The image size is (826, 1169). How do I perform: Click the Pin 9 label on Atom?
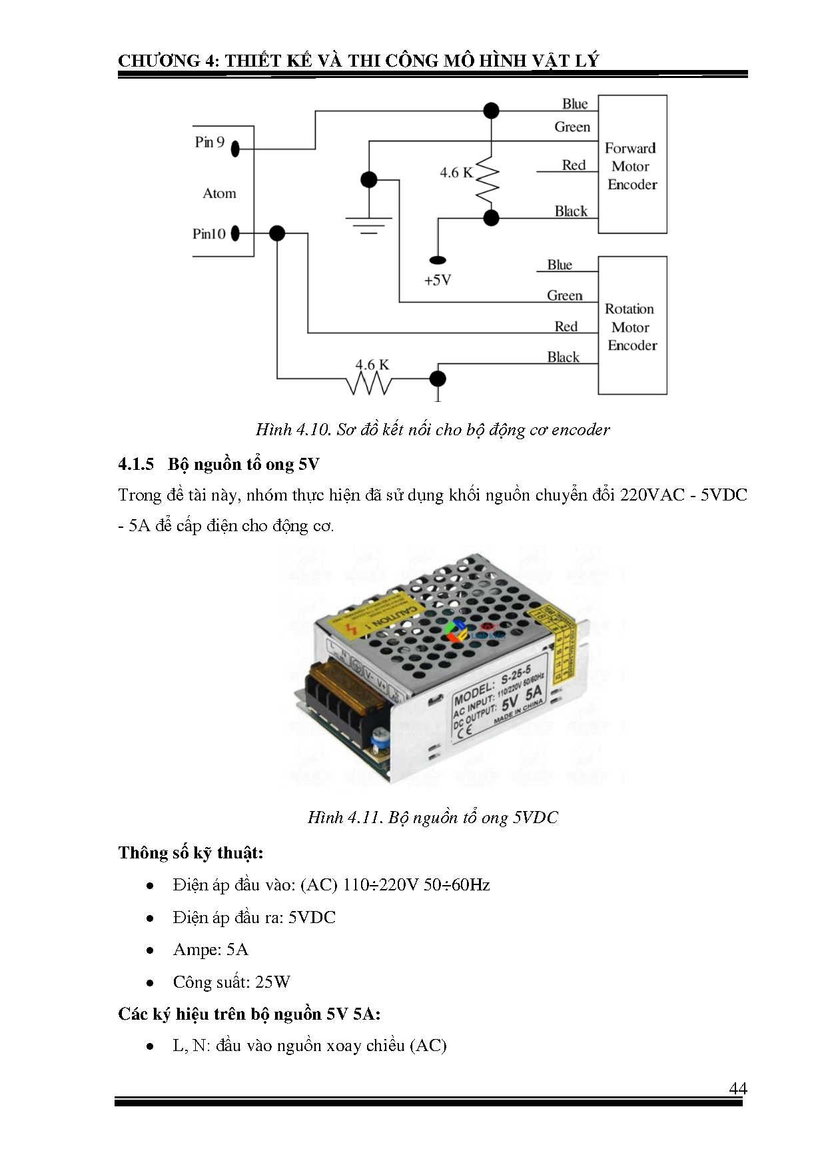click(209, 142)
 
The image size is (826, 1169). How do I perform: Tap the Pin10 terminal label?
click(208, 234)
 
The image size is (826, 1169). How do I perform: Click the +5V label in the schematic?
click(438, 281)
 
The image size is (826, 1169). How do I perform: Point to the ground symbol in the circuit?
click(368, 224)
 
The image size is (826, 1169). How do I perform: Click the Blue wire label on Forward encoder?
click(574, 104)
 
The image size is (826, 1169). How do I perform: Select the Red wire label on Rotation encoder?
click(566, 327)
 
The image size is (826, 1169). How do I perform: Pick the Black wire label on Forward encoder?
click(571, 211)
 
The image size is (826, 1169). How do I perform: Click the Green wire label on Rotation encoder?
click(564, 295)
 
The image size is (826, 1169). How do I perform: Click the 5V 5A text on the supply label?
click(522, 698)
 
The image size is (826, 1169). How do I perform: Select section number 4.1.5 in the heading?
click(136, 465)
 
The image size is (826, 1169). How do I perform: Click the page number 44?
click(737, 1089)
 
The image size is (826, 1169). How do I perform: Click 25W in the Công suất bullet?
click(273, 982)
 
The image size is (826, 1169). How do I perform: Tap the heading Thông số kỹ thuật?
click(191, 853)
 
